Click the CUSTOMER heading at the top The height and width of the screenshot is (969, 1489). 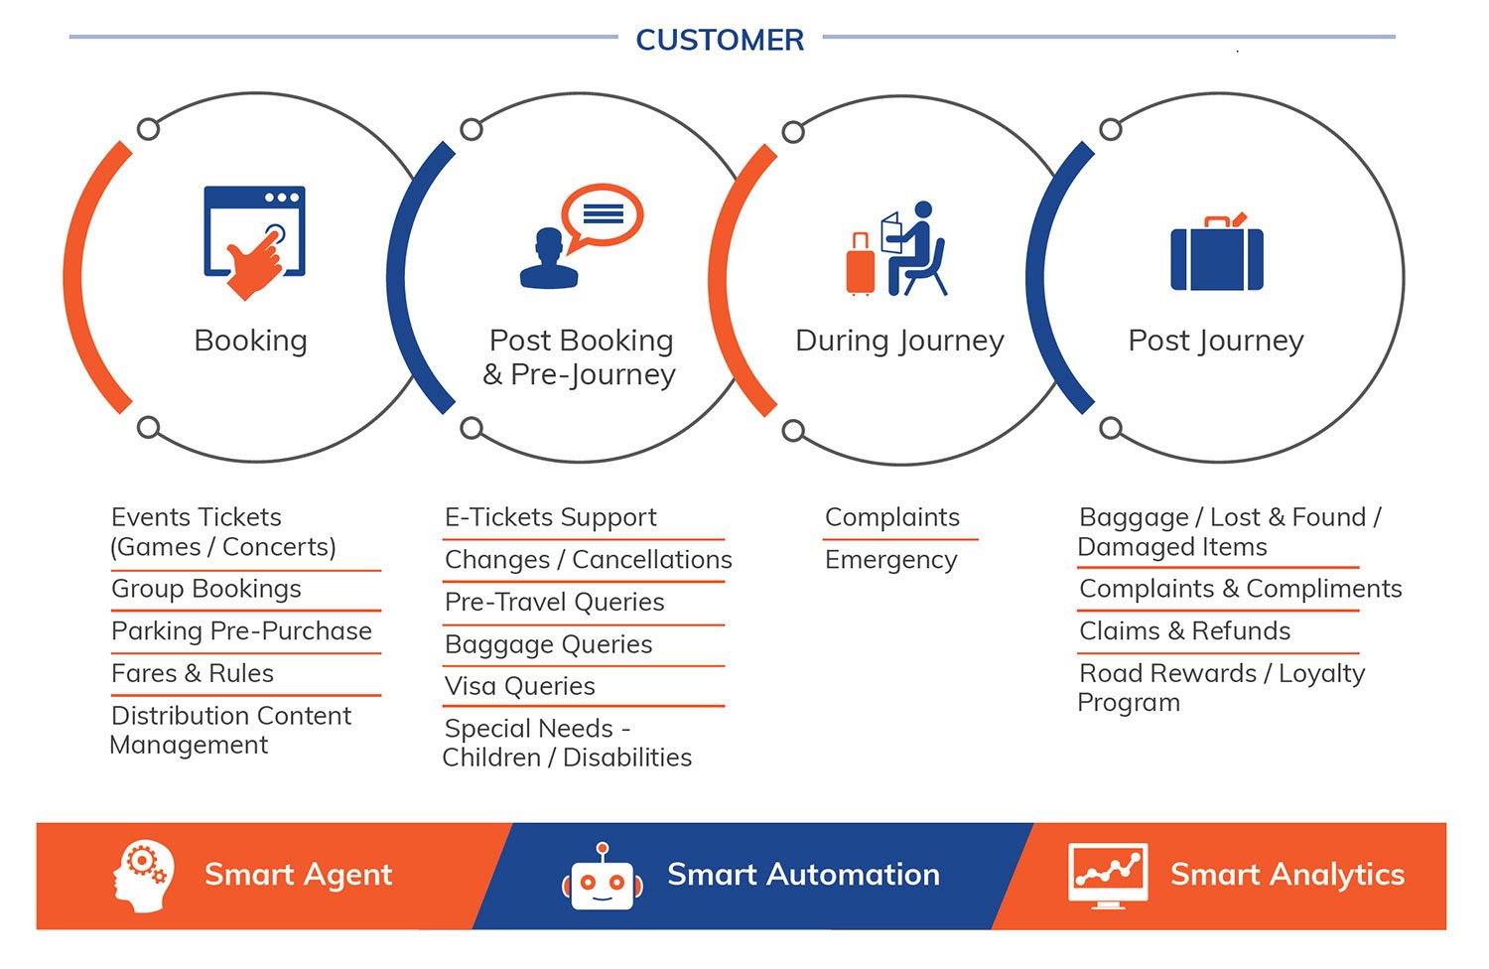[720, 40]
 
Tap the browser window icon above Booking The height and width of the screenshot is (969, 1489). [254, 230]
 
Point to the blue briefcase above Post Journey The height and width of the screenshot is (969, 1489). [1216, 253]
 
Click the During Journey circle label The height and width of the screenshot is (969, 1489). [899, 342]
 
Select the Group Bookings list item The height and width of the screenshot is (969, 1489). [206, 589]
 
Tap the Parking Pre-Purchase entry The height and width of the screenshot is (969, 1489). [242, 631]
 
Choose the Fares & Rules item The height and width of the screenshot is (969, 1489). [193, 674]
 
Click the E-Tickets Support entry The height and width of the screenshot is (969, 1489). [551, 517]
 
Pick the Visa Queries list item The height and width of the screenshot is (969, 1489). [520, 686]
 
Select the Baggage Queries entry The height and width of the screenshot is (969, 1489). [548, 644]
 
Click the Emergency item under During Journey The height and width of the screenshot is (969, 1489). [891, 560]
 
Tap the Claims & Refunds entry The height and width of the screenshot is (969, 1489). [1184, 631]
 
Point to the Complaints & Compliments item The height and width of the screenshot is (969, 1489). [1241, 589]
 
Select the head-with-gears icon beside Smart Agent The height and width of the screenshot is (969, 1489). [143, 877]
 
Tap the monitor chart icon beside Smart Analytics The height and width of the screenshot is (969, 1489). [1108, 876]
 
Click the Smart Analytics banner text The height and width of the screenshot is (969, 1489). [1287, 875]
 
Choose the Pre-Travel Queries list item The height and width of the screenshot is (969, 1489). [554, 602]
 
